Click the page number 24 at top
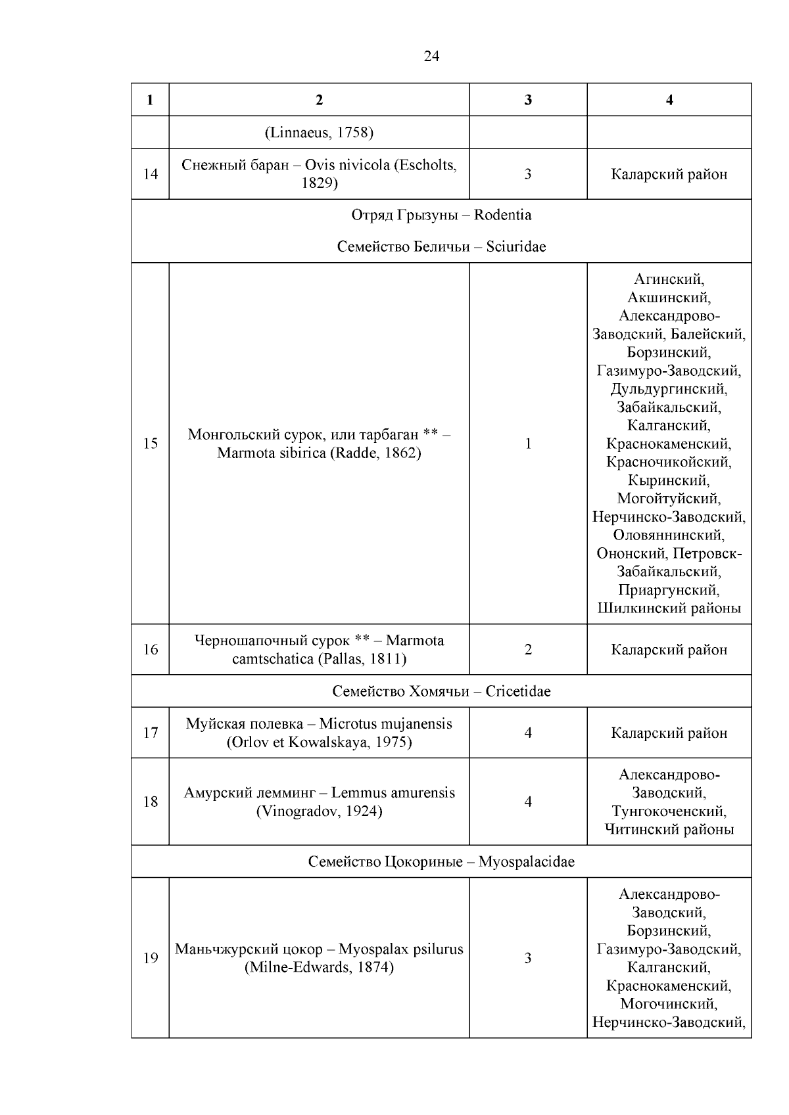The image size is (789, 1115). click(431, 57)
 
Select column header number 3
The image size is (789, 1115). click(528, 100)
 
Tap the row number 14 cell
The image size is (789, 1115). click(151, 174)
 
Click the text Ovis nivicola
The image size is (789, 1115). click(348, 165)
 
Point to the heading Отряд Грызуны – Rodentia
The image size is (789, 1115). click(441, 215)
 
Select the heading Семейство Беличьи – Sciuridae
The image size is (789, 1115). click(441, 246)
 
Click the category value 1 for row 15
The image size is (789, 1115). click(528, 444)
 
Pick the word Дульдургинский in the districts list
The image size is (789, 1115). click(669, 389)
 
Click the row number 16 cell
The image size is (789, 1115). click(151, 649)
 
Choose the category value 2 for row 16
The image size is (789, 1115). click(528, 649)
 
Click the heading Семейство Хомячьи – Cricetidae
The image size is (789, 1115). click(441, 691)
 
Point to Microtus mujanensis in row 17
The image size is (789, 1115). click(386, 724)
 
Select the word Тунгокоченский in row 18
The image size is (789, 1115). click(669, 811)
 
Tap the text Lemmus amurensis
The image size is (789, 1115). click(393, 792)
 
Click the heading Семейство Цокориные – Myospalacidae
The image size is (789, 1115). click(441, 861)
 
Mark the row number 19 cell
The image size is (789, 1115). click(151, 958)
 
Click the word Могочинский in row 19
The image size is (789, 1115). click(669, 1004)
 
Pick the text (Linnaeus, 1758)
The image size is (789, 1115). click(319, 133)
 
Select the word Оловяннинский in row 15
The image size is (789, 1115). click(669, 535)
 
